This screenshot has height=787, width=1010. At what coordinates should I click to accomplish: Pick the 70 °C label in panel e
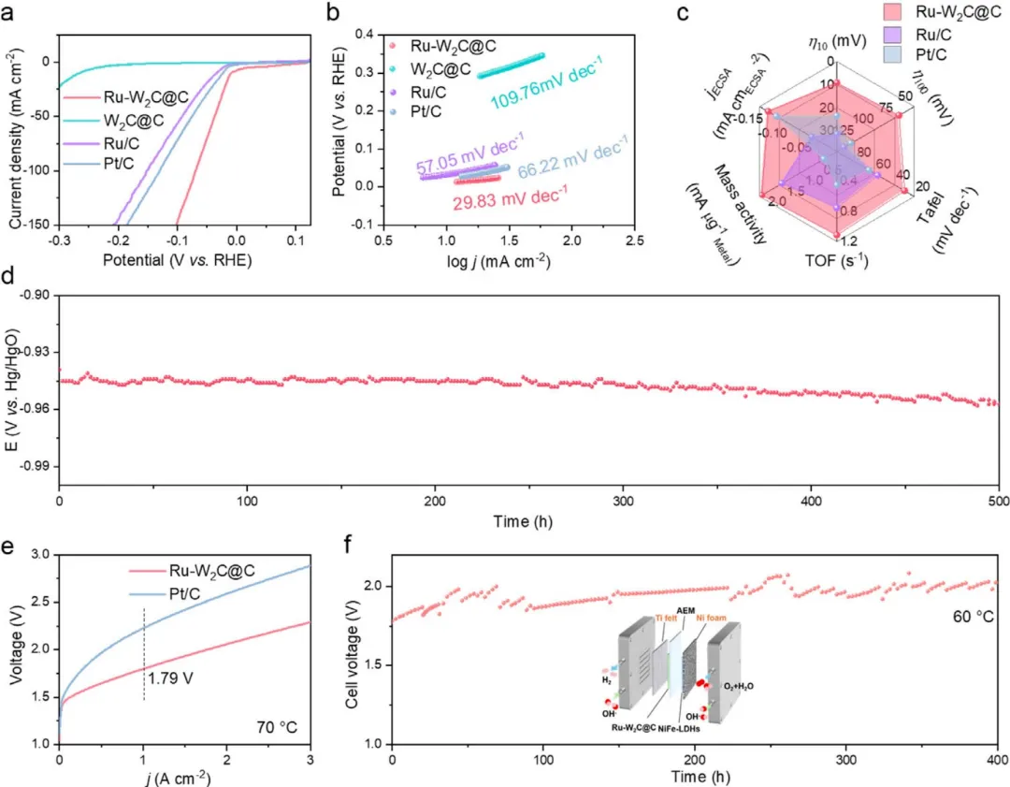click(x=278, y=723)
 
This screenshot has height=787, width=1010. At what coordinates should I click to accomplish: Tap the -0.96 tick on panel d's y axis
click(x=36, y=409)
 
